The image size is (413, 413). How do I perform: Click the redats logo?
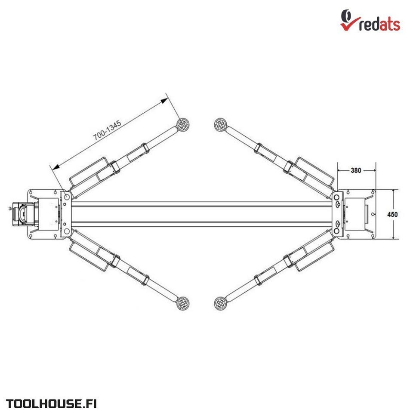coord(370,21)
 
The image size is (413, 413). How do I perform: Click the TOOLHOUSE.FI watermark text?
coord(51,404)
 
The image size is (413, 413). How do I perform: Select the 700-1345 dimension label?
coord(107,130)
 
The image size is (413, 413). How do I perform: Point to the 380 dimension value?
coord(356,170)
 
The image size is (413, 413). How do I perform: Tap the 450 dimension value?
coord(392,214)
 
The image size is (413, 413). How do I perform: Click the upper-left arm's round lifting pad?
coord(183,124)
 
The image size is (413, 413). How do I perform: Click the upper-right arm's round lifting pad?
coord(220,124)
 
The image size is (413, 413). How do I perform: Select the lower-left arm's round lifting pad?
coord(183,303)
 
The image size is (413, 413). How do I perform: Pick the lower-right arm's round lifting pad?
coord(220,303)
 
